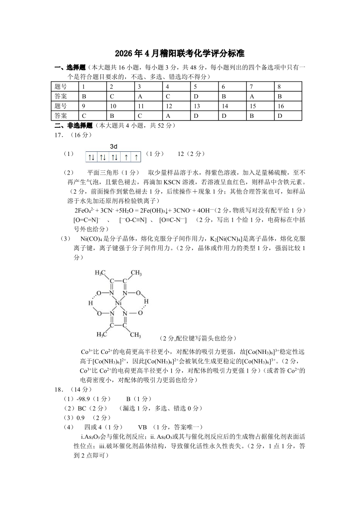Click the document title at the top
click(x=180, y=53)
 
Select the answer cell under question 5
click(x=204, y=96)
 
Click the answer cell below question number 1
click(x=92, y=96)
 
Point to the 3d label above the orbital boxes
click(x=114, y=146)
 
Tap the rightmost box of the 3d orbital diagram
click(x=136, y=157)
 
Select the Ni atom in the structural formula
click(x=118, y=303)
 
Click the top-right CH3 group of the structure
click(x=136, y=273)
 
